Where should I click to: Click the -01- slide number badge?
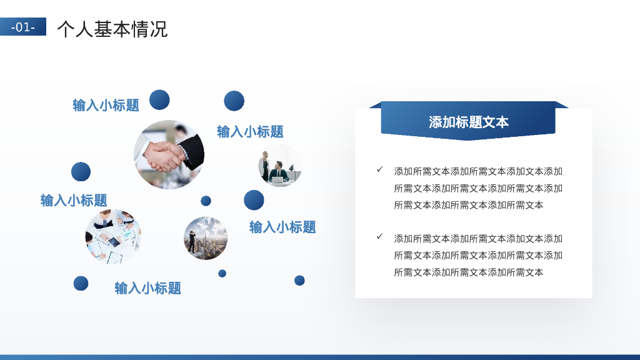23,27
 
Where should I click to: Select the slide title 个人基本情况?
112,29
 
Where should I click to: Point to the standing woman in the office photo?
266,165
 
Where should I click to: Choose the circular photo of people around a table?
113,237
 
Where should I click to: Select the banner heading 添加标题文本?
468,122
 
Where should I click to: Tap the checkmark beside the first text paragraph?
379,169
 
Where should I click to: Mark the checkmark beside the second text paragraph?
379,236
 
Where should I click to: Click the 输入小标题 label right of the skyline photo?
282,227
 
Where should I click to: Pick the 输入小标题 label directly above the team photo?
74,200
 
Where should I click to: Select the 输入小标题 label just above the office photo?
250,131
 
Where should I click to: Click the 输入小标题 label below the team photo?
147,288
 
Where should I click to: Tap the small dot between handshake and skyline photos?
206,201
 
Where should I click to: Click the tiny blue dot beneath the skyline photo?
222,273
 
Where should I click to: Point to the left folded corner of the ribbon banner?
375,105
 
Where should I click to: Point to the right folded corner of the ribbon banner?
561,105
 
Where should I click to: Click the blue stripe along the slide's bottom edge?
320,357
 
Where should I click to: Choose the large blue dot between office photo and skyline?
254,200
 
